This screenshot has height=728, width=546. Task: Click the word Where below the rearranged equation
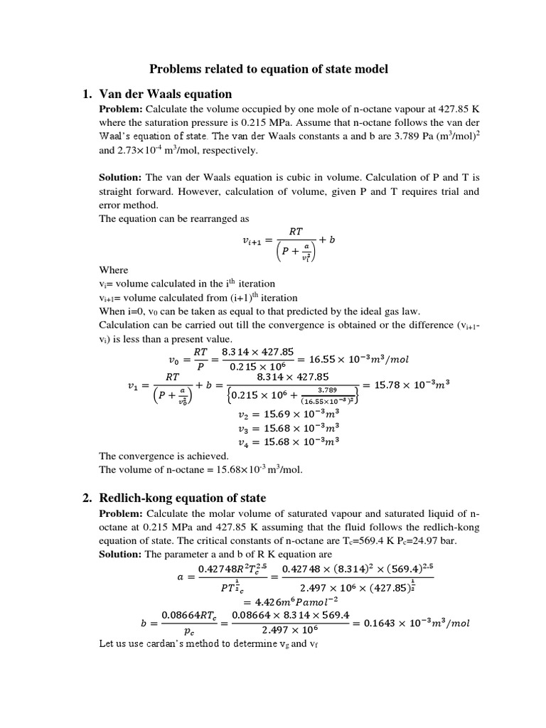[x=113, y=269]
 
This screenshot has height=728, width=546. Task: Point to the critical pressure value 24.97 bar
[x=422, y=540]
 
